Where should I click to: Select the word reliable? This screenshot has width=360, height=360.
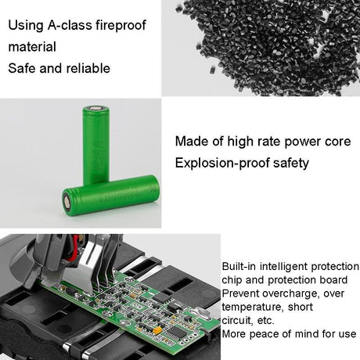(x=88, y=67)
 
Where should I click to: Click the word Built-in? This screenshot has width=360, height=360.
(x=241, y=266)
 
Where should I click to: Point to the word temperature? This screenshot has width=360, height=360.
(x=251, y=307)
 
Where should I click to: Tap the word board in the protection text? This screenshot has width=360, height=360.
(x=345, y=279)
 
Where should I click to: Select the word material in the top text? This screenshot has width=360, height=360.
(x=32, y=46)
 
